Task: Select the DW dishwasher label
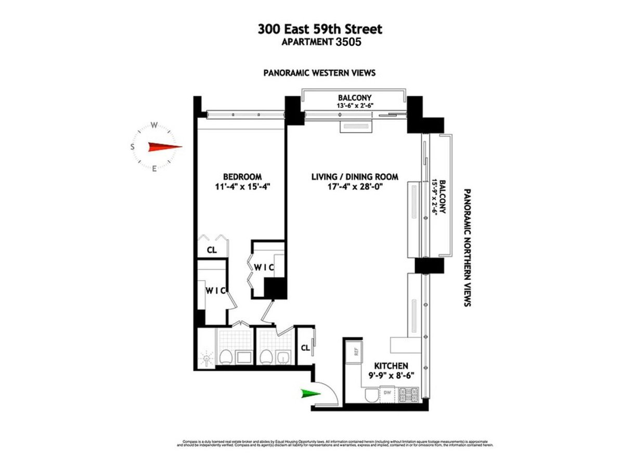[x=386, y=393]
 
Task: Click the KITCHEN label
[x=385, y=366]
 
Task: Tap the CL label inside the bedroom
[x=211, y=250]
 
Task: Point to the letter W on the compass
[x=154, y=125]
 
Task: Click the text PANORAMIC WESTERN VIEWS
[x=319, y=73]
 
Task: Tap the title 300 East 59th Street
[x=319, y=30]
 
